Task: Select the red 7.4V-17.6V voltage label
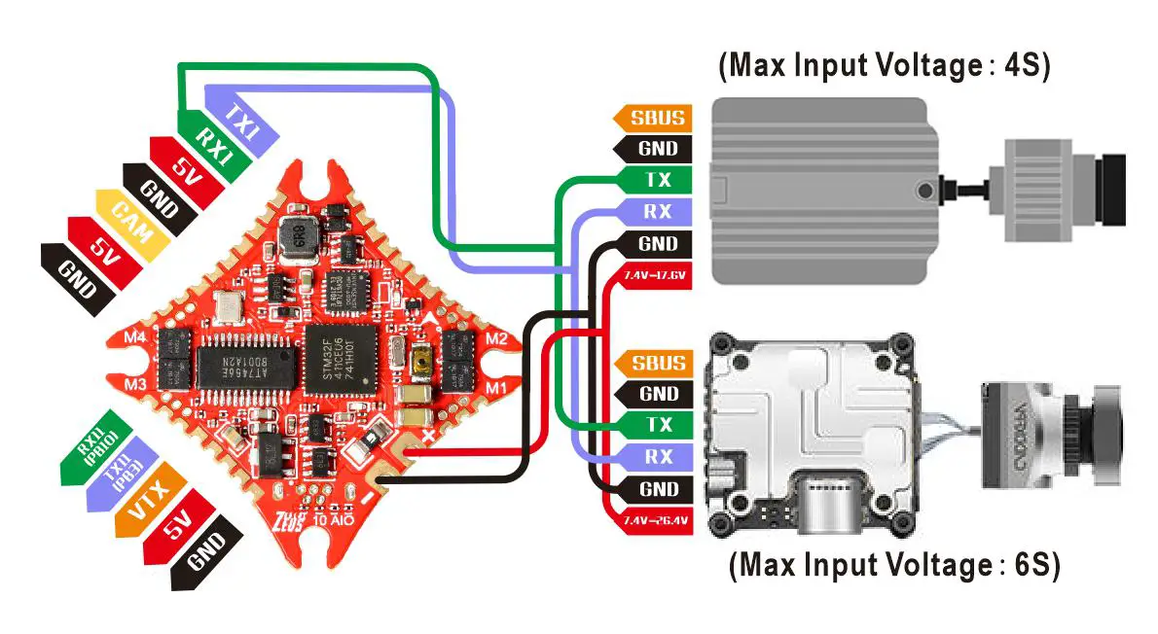(654, 276)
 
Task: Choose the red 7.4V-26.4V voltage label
(654, 521)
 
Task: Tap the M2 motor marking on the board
(496, 339)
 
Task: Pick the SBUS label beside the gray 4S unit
(657, 118)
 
